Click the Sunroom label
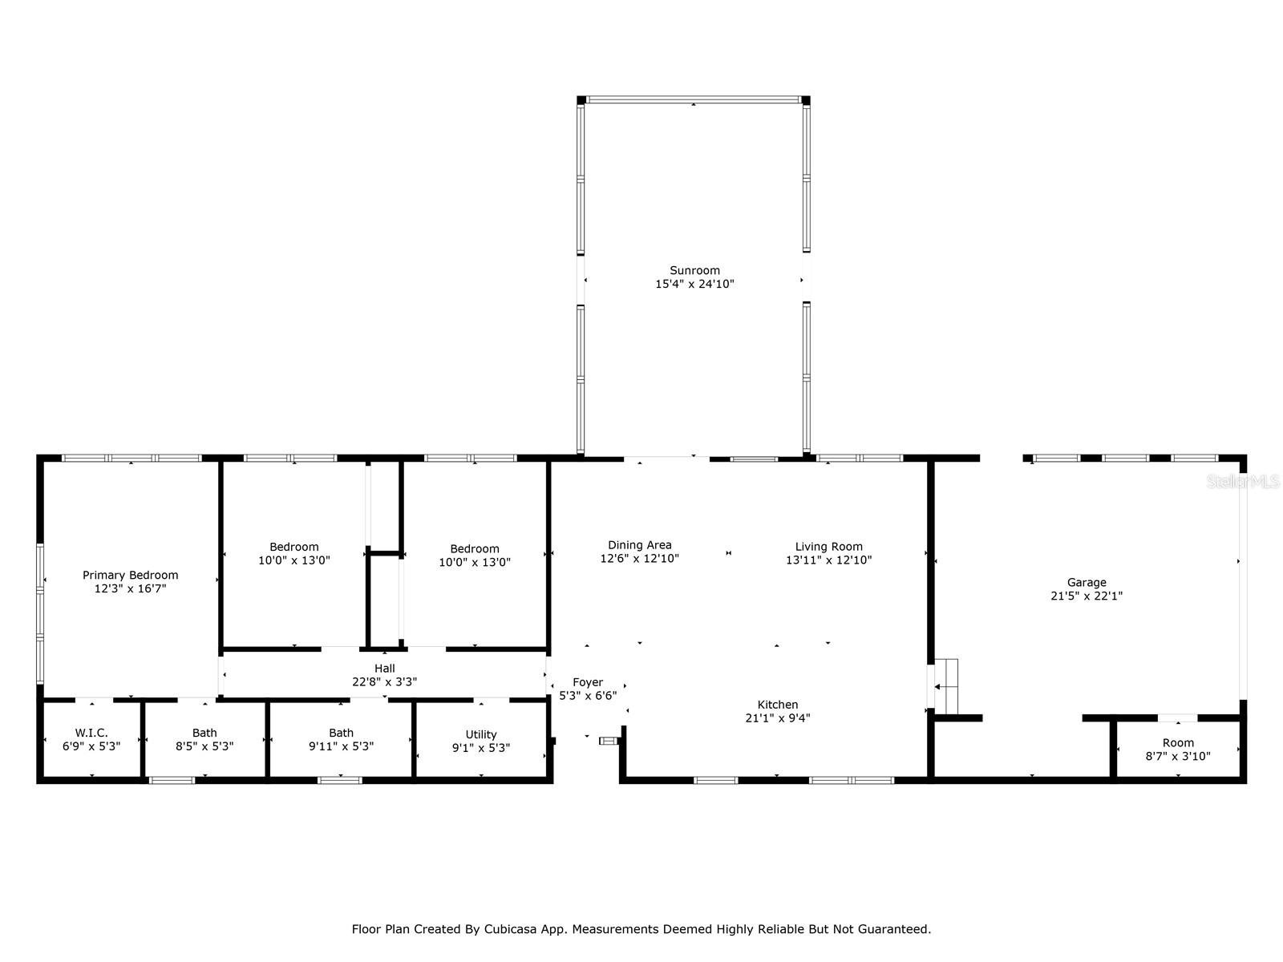694,270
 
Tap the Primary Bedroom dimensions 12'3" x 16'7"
131,588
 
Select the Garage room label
1087,582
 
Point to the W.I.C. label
91,733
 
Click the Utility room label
481,735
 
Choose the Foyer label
588,682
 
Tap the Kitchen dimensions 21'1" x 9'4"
777,717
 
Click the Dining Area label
639,545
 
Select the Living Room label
829,547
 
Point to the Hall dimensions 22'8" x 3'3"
385,681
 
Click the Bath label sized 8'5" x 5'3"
204,733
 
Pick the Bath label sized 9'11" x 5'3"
342,733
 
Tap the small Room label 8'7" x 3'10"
1178,742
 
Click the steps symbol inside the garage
945,687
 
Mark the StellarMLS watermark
1243,481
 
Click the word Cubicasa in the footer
510,928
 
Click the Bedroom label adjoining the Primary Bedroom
294,547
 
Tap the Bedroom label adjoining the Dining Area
475,548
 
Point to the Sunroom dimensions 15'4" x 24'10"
694,284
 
